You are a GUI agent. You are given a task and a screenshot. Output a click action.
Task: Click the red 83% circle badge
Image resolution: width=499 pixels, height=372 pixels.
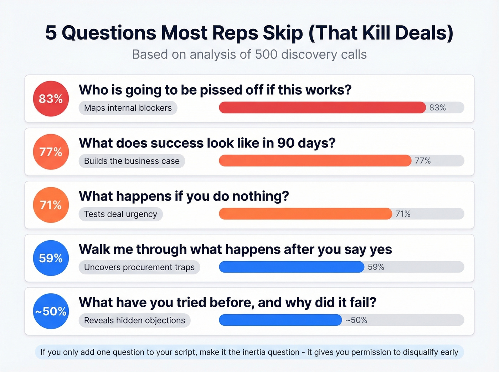coord(51,99)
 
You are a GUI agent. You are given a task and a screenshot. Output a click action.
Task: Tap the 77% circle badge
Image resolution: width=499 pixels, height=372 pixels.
coord(51,152)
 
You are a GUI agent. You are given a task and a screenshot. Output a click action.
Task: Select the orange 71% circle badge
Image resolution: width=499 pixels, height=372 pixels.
coord(51,205)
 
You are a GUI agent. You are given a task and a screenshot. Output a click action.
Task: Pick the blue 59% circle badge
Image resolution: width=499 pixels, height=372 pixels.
coord(51,258)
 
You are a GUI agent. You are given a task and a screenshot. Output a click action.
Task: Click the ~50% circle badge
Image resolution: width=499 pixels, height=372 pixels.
coord(51,311)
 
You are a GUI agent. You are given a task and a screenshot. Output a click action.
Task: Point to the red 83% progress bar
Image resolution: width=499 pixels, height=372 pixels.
coord(322,108)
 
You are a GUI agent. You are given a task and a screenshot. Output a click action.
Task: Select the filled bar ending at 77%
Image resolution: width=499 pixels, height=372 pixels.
coord(315,161)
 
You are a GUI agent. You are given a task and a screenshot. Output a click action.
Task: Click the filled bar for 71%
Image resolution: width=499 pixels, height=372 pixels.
coord(305,214)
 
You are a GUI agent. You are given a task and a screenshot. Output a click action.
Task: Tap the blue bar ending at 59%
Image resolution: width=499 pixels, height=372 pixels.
coord(292,267)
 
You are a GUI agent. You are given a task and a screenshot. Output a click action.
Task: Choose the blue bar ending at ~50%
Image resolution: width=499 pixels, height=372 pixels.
coord(281,320)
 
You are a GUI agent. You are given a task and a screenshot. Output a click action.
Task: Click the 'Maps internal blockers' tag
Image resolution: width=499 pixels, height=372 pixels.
coord(128,108)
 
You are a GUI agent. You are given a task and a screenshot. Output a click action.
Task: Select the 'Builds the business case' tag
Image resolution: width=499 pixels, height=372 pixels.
coord(132,161)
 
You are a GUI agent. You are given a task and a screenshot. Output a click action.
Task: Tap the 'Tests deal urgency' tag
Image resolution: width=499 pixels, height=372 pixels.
coord(120,214)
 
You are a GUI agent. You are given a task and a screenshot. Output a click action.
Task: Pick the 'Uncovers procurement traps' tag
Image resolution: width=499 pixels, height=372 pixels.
coord(139,267)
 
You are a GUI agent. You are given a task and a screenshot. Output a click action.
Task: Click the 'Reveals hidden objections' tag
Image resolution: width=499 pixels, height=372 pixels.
coord(134,320)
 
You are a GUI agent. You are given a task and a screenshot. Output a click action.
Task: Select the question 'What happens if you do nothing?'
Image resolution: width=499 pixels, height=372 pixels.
coord(184,196)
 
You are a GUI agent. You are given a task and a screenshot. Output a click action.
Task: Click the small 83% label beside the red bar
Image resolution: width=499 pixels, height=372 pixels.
coord(437,108)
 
